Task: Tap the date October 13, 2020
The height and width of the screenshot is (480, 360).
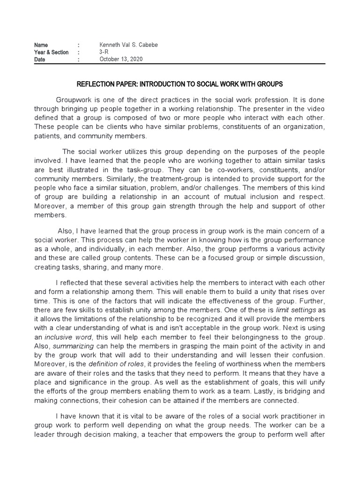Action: pyautogui.click(x=121, y=60)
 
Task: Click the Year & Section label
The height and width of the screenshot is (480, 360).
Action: pyautogui.click(x=51, y=52)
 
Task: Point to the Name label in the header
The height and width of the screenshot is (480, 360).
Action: pyautogui.click(x=41, y=45)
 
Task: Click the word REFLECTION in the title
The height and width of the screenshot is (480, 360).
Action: pyautogui.click(x=97, y=84)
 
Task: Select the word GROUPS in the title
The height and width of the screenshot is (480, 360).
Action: pyautogui.click(x=270, y=84)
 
